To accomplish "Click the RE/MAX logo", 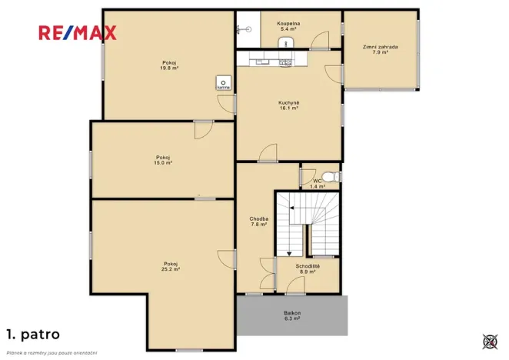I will [x=78, y=32].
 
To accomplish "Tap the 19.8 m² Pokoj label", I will [x=169, y=65].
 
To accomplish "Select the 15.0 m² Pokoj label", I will [x=163, y=160].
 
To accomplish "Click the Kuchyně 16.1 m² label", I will [x=288, y=105].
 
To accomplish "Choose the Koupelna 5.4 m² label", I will [x=288, y=26].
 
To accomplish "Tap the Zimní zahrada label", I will [x=380, y=49].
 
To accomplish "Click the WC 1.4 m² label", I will [x=317, y=184].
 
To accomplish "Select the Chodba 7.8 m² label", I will [x=258, y=222].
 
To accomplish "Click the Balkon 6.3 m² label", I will [x=291, y=315].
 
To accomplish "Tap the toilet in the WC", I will [x=331, y=177].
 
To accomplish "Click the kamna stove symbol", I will [x=223, y=83].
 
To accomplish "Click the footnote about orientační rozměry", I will [x=52, y=352].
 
